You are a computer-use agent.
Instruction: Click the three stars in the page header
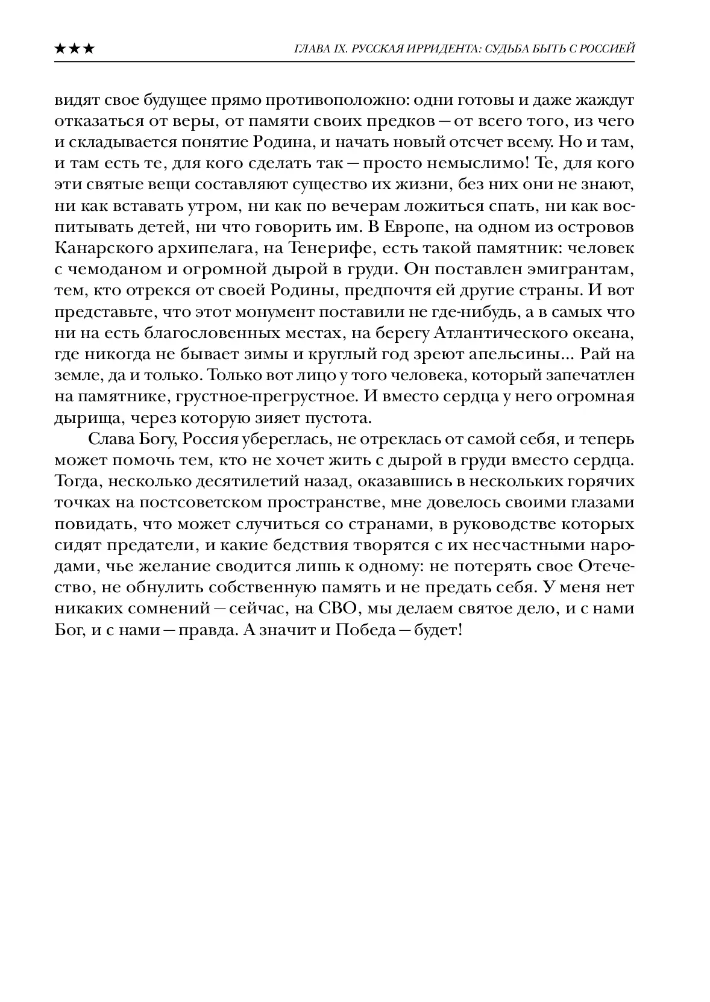[74, 49]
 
